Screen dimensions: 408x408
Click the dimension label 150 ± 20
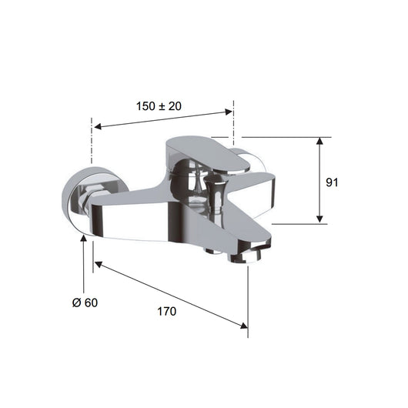pos(159,106)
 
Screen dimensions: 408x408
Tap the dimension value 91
pos(332,182)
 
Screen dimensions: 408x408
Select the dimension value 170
pos(167,311)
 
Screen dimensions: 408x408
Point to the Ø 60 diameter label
pos(85,303)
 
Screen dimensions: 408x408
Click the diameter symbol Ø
pos(76,303)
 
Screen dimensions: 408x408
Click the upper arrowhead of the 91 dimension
pos(319,141)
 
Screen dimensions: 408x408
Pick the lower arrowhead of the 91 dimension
pos(319,219)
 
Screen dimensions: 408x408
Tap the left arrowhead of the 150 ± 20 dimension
pos(98,127)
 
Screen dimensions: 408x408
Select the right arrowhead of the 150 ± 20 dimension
pos(229,112)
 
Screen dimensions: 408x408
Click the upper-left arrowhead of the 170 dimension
pos(98,264)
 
